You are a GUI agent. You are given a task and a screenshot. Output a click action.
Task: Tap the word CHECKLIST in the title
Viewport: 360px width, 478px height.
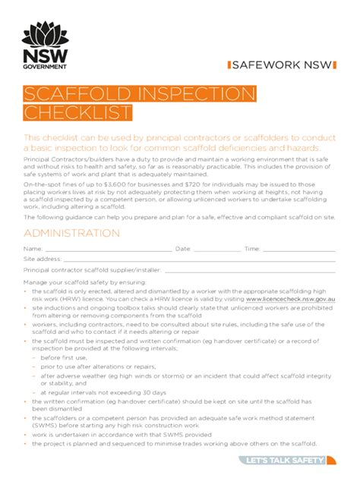point(77,113)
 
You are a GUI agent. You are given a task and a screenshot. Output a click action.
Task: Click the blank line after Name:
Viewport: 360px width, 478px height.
point(106,249)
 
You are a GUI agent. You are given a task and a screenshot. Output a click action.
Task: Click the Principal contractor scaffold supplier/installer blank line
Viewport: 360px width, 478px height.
point(250,270)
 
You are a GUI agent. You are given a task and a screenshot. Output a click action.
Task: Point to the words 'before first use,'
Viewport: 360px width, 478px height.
point(65,357)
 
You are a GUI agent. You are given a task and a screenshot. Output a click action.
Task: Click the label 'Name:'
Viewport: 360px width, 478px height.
point(33,249)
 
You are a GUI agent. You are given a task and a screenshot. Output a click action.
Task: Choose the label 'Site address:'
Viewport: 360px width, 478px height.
point(43,259)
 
